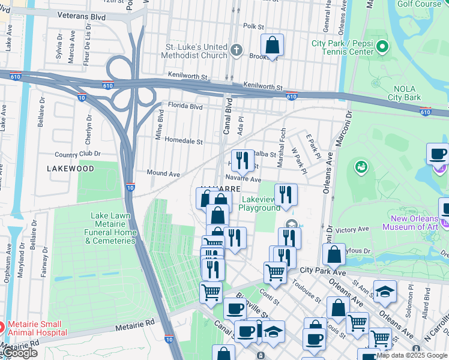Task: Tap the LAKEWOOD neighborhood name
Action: click(70, 169)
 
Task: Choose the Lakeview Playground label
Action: click(259, 203)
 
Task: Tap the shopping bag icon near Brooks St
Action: click(272, 44)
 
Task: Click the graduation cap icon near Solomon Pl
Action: click(385, 292)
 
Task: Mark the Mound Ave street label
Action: click(163, 173)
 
